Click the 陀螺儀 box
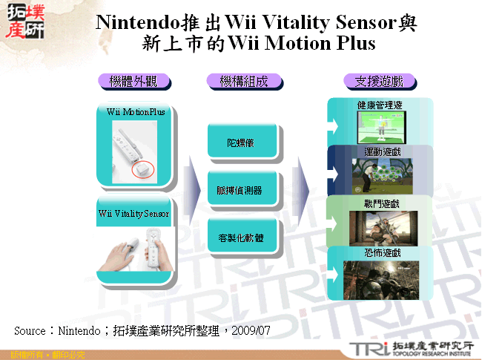[245, 140]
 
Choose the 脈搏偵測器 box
[245, 189]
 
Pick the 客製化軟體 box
[245, 238]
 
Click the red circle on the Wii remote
[142, 169]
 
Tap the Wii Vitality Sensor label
[133, 214]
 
